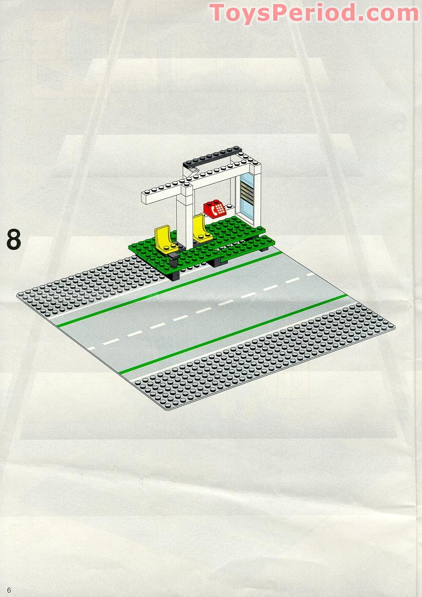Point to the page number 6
coord(9,589)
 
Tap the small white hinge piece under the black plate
coord(194,170)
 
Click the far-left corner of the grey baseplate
coord(18,295)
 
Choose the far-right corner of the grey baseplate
coord(393,327)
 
